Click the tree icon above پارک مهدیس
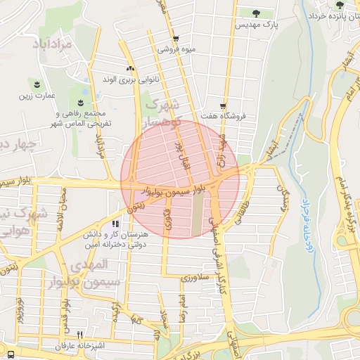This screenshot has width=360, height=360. point(255,13)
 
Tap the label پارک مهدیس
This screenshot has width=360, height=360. point(257,25)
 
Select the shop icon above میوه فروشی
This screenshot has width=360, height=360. point(175,39)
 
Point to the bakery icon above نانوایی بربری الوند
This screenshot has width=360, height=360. point(129,68)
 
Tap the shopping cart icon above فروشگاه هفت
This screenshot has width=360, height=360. point(223,105)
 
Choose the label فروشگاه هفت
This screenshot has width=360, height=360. point(224,117)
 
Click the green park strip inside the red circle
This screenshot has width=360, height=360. point(198,214)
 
